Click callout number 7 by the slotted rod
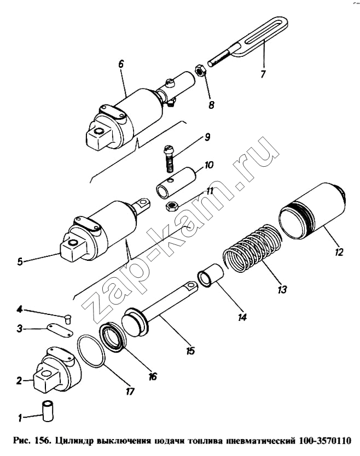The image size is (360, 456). [x=263, y=74]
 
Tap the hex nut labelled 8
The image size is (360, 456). [x=200, y=70]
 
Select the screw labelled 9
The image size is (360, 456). [x=169, y=159]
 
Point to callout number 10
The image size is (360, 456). [x=209, y=165]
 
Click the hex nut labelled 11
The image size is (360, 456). [x=172, y=207]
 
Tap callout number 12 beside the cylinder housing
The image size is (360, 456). [x=339, y=252]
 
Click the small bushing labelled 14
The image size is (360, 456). [x=210, y=275]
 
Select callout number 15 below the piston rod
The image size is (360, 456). [x=190, y=351]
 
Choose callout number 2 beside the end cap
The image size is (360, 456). [x=19, y=381]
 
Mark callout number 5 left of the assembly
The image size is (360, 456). [x=20, y=261]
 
